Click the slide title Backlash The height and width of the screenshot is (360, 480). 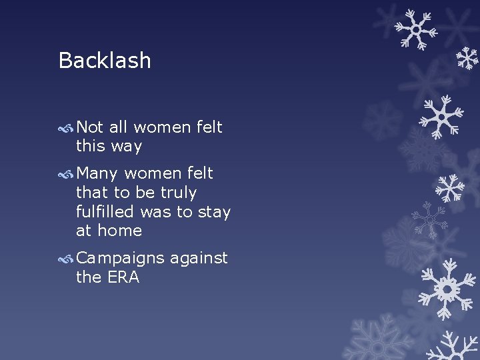click(x=105, y=61)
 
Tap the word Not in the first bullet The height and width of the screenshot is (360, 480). click(x=90, y=127)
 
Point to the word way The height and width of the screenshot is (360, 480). click(x=127, y=146)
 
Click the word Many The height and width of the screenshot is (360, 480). click(x=97, y=173)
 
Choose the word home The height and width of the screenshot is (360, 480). click(x=119, y=231)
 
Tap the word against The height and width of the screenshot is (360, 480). click(x=199, y=259)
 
